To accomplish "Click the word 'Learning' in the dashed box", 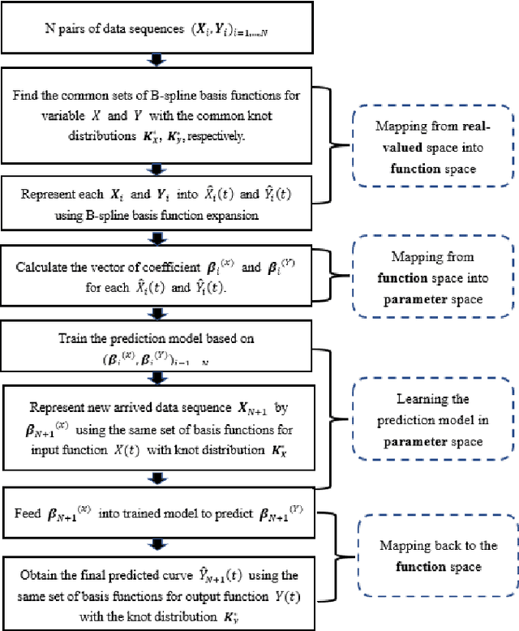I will click(x=427, y=400).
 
